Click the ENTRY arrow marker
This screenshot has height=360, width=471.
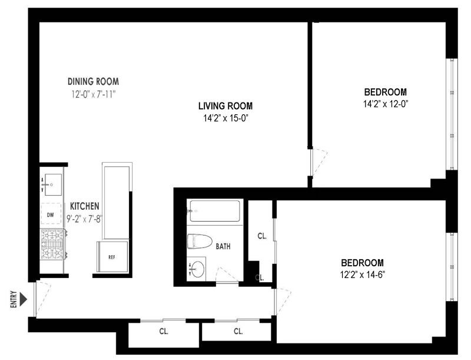23,299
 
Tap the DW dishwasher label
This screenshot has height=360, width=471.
51,215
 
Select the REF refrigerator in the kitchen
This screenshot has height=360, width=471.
112,256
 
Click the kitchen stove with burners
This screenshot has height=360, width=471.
53,244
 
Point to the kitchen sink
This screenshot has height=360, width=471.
51,184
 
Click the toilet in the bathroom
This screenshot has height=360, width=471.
200,242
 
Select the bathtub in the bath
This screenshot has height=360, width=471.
214,211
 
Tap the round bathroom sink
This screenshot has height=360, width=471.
197,269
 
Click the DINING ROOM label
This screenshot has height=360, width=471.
93,81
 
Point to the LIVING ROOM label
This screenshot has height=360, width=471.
225,106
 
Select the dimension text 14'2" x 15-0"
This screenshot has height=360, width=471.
225,118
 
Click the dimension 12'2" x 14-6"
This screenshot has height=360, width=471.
362,275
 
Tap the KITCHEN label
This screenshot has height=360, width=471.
85,206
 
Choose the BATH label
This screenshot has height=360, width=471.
223,246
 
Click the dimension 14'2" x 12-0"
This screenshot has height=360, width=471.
386,104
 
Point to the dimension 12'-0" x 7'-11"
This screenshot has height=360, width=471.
94,94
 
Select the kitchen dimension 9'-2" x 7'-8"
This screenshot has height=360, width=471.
84,219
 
